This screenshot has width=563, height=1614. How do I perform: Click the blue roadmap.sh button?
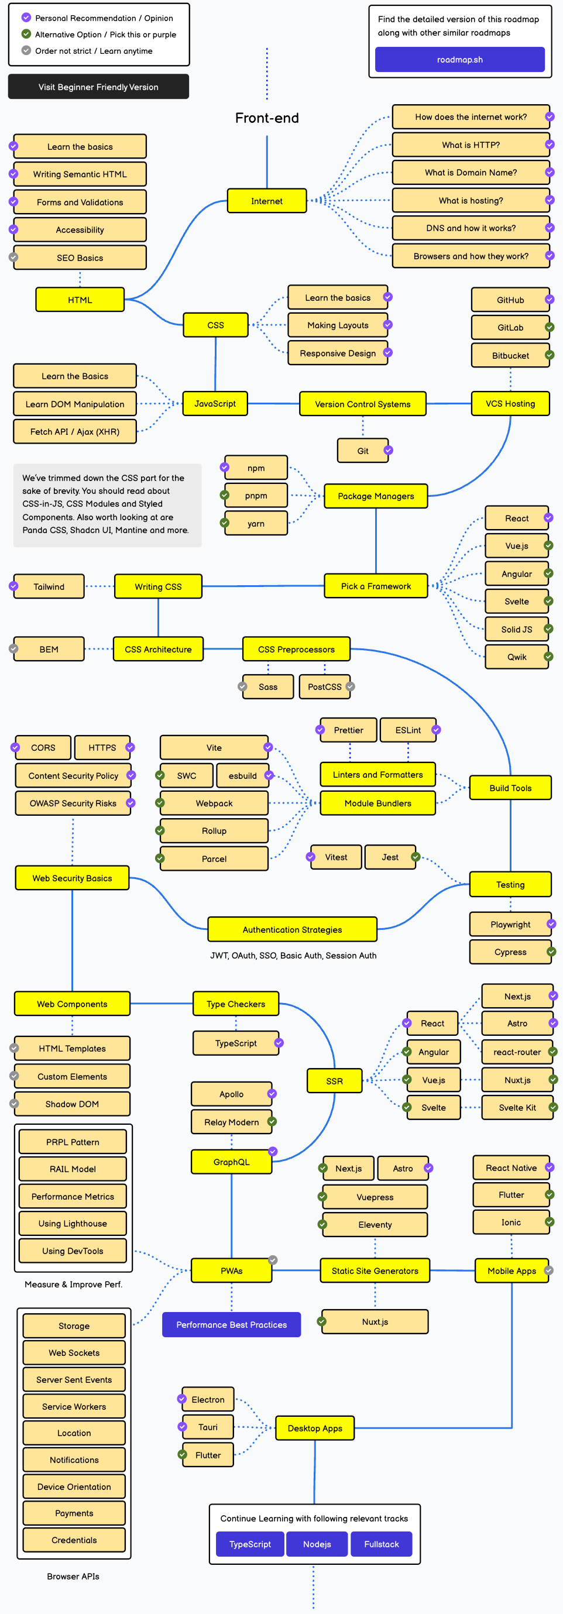pos(459,60)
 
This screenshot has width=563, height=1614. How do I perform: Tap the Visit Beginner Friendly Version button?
pos(98,87)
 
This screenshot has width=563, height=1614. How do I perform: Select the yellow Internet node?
pos(267,201)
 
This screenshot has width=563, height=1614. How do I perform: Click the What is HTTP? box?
pos(471,145)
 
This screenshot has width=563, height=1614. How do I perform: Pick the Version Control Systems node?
pos(362,404)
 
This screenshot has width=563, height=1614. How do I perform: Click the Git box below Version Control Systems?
pos(363,451)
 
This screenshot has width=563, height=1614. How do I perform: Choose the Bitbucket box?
pos(510,355)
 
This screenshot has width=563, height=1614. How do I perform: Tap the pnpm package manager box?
pos(256,496)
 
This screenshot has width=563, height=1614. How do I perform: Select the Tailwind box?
pos(49,586)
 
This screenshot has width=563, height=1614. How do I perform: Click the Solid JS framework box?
pos(516,629)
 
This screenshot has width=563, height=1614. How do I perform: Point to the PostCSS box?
pos(324,686)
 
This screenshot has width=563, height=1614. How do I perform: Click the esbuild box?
pos(242,775)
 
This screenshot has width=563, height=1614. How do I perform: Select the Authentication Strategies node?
pos(292,930)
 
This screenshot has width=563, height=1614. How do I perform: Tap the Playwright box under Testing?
pos(510,924)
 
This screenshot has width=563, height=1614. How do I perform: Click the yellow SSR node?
pos(334,1081)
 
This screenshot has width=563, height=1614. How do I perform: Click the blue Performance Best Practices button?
pos(231,1324)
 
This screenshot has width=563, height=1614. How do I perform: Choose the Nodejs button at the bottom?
pos(317,1544)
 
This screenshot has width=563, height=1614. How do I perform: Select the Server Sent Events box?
pos(74,1380)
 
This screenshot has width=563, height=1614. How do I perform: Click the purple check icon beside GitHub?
pos(548,300)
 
